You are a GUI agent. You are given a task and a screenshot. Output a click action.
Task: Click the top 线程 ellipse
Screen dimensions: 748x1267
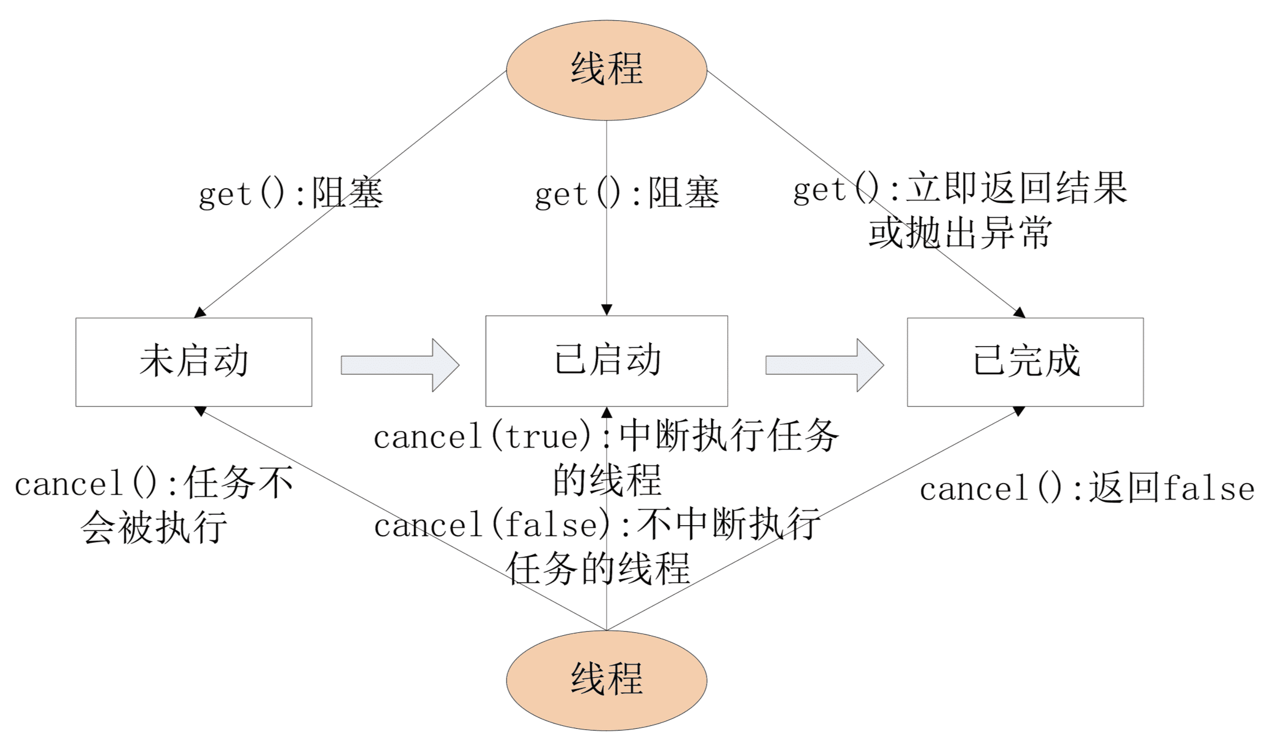click(606, 70)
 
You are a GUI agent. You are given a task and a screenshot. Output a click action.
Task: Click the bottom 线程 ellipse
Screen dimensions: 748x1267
click(606, 680)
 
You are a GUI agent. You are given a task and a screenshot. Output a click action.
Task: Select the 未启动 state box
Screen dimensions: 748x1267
click(194, 362)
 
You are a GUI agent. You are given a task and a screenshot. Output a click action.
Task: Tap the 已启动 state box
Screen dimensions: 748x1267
click(606, 361)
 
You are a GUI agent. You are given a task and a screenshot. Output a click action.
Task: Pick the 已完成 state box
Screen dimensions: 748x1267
click(1025, 362)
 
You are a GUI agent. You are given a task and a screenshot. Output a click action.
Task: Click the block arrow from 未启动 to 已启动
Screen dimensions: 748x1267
click(400, 365)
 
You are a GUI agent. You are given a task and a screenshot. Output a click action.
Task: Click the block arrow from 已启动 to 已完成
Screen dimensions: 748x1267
click(824, 365)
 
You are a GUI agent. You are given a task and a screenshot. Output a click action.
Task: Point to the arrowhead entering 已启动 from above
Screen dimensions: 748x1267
click(607, 310)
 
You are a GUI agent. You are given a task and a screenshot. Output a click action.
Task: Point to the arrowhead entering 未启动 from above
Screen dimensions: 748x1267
click(200, 313)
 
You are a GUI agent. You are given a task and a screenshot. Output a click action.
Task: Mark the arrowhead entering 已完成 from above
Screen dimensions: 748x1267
click(1020, 313)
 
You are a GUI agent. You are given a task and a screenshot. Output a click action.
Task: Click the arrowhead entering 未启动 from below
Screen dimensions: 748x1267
click(200, 411)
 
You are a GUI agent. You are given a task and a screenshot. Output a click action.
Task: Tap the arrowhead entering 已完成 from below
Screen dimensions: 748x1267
click(1019, 411)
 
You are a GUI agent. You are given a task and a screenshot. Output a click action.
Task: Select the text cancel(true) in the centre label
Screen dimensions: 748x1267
click(483, 436)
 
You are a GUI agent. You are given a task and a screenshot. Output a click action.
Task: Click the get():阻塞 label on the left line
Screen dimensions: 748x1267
click(291, 193)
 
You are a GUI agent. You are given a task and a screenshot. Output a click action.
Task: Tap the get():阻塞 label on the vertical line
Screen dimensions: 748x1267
click(627, 193)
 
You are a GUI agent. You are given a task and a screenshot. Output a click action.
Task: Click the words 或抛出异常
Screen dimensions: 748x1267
click(960, 233)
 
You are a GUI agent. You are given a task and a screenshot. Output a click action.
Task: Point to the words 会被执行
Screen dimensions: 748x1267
click(154, 528)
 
